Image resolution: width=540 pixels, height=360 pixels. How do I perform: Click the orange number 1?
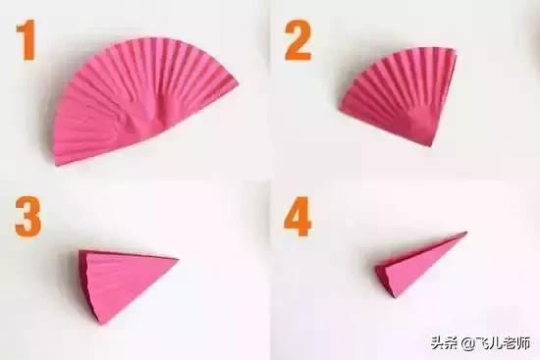pyautogui.click(x=27, y=39)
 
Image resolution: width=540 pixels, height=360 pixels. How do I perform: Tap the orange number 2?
pyautogui.click(x=297, y=40)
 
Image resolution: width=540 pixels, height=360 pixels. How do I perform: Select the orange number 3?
pyautogui.click(x=27, y=217)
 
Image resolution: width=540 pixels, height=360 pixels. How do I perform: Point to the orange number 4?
pyautogui.click(x=297, y=217)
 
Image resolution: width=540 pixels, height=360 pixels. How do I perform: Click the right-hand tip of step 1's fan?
pyautogui.click(x=238, y=83)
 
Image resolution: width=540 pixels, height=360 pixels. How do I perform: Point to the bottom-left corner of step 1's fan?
pyautogui.click(x=57, y=164)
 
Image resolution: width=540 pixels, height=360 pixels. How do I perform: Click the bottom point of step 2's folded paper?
pyautogui.click(x=430, y=145)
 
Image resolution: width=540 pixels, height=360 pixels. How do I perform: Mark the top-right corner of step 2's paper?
pyautogui.click(x=456, y=50)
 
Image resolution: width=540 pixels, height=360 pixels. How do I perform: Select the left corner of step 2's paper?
pyautogui.click(x=340, y=109)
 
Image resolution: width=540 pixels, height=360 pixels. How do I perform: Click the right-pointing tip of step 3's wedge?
pyautogui.click(x=178, y=259)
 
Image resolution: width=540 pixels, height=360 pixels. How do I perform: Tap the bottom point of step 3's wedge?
pyautogui.click(x=100, y=324)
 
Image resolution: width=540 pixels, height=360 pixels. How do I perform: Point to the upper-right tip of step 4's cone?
pyautogui.click(x=466, y=232)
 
